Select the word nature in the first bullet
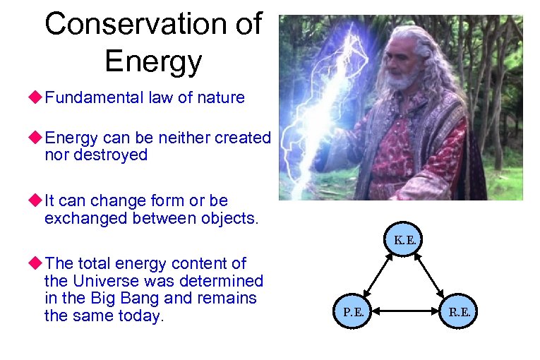(221, 97)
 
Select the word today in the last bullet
(141, 315)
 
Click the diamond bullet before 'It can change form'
(36, 202)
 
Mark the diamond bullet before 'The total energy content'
(36, 264)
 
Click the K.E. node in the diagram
(405, 240)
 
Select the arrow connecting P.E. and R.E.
(406, 311)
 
